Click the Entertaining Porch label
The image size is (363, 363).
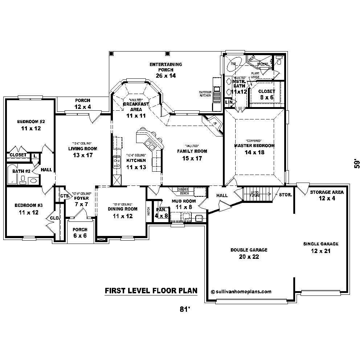(x=166, y=67)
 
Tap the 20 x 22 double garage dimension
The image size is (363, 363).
(x=249, y=257)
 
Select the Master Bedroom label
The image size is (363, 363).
(x=254, y=145)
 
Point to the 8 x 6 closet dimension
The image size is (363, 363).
(x=267, y=98)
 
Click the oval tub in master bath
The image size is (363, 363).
(x=232, y=66)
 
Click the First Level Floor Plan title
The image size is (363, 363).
(x=151, y=290)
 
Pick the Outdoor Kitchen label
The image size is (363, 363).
(x=205, y=94)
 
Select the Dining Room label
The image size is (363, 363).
(x=122, y=209)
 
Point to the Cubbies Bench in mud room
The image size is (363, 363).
(x=184, y=191)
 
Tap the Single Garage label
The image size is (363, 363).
(x=321, y=244)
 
